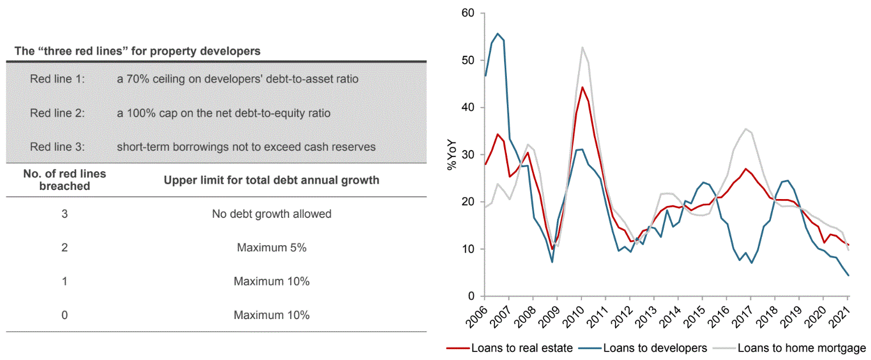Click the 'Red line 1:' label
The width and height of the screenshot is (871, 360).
click(57, 79)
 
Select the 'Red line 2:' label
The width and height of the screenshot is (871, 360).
click(57, 113)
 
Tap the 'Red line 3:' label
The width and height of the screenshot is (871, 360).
click(57, 147)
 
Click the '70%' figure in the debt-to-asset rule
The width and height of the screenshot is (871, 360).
click(135, 79)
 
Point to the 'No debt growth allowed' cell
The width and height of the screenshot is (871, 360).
click(271, 214)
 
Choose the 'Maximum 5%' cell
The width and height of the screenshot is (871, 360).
click(271, 248)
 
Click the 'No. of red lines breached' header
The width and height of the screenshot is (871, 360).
click(64, 180)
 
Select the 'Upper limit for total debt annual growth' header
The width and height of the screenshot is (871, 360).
click(271, 181)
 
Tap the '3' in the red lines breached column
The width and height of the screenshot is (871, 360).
click(64, 214)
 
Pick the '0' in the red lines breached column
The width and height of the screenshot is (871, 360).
click(64, 315)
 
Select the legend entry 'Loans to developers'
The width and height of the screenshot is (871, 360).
click(654, 348)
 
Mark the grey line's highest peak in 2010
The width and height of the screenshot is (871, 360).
click(582, 47)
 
